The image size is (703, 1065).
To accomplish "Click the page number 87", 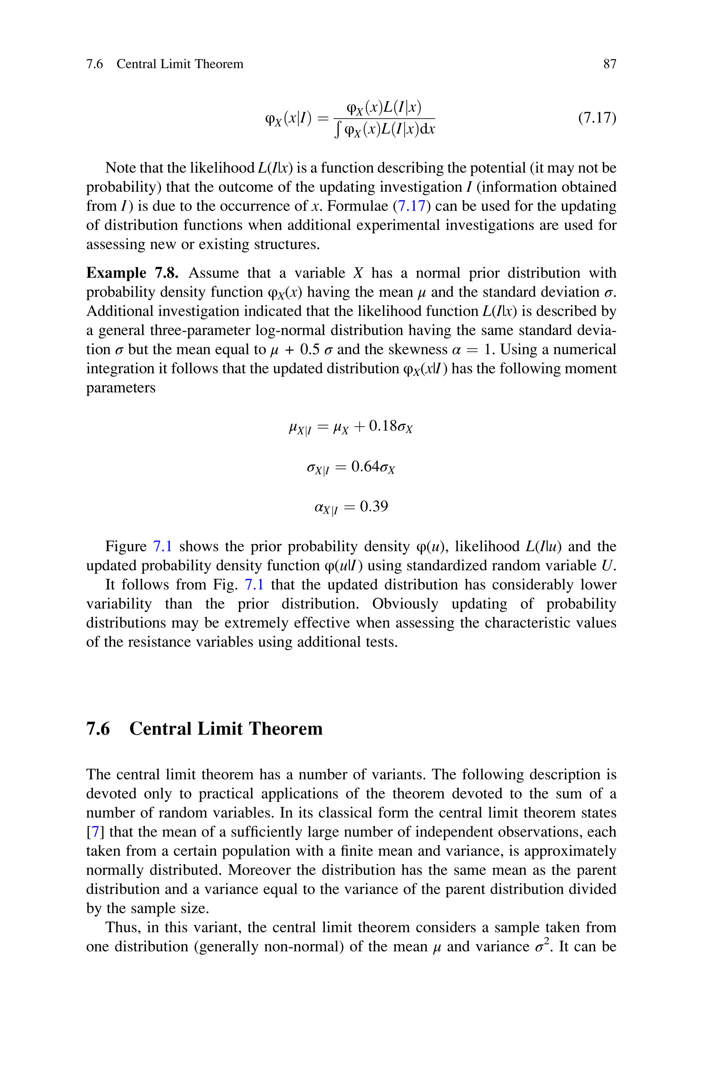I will tap(610, 64).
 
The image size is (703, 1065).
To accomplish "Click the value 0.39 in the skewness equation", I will tap(373, 507).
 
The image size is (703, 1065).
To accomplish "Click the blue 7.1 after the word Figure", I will tap(163, 546).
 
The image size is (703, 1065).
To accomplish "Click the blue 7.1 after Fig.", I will tap(254, 584).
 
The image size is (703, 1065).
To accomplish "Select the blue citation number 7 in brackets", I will tap(95, 832).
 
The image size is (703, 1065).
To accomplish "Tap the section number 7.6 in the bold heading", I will tap(98, 729).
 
